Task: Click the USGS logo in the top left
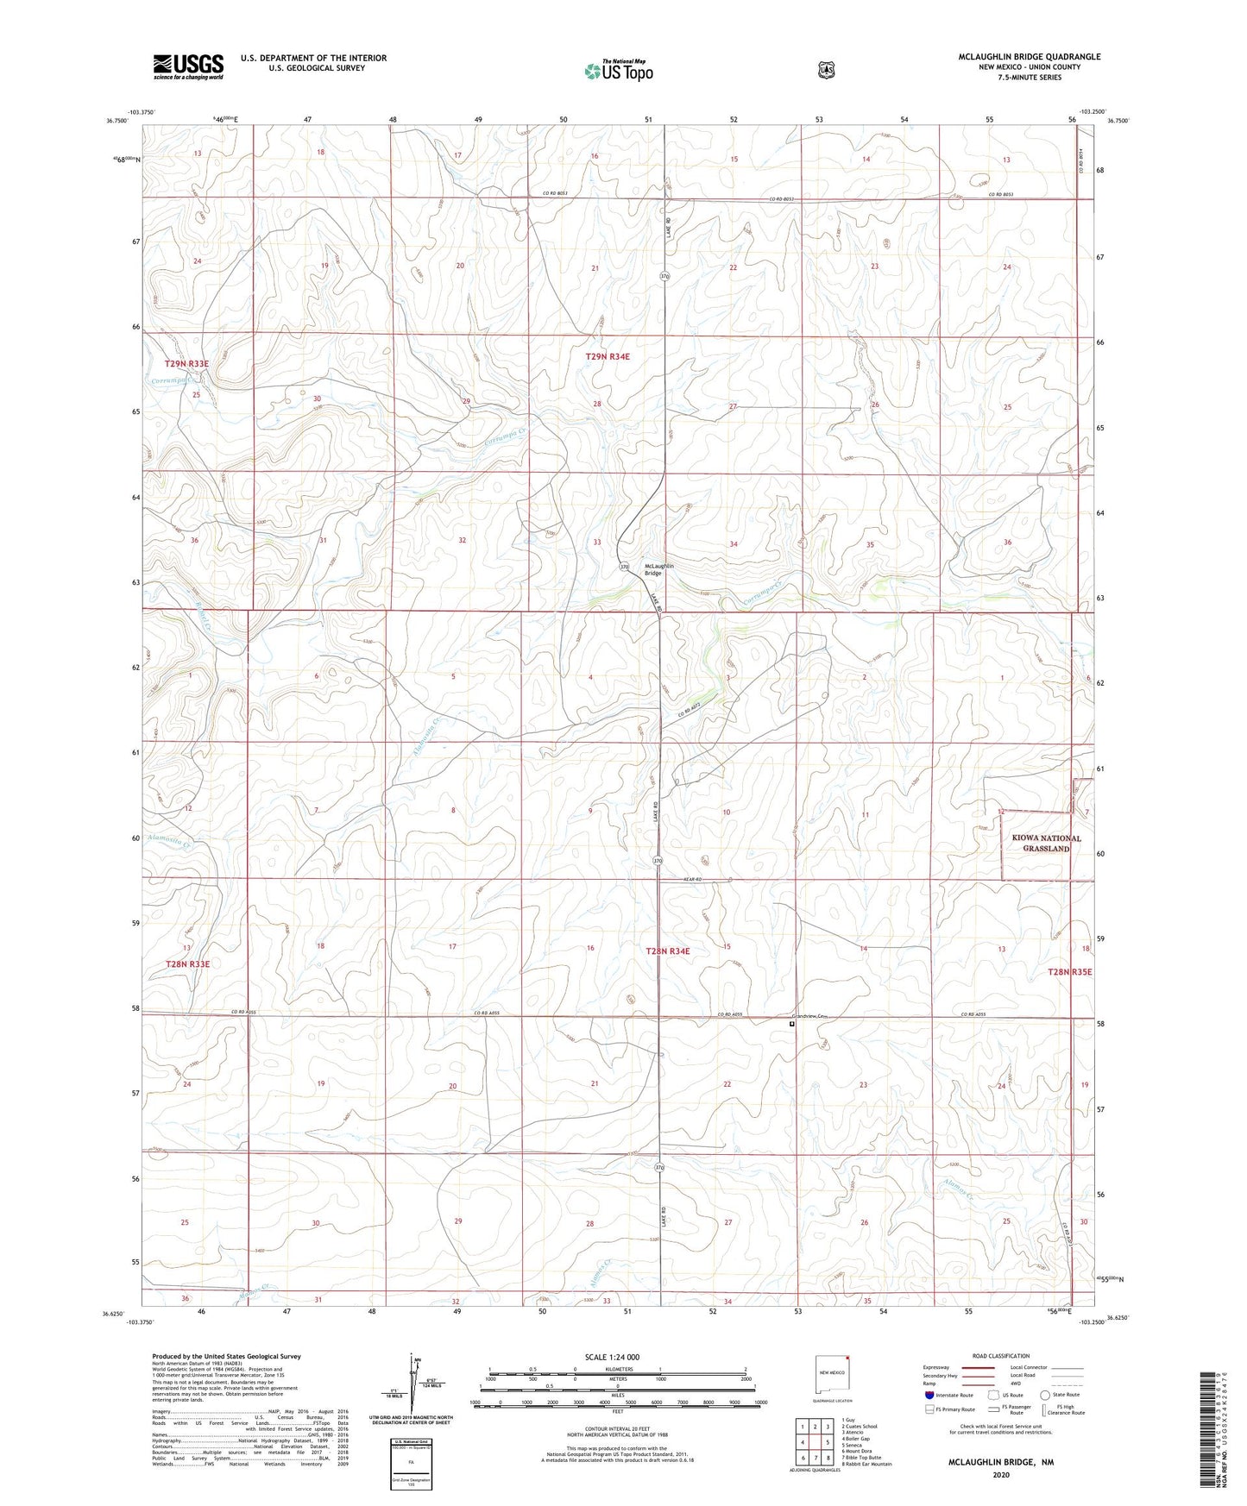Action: (188, 66)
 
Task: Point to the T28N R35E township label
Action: (1069, 972)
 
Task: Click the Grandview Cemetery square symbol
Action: (792, 1025)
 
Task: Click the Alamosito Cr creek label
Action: (172, 838)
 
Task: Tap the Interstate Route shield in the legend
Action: (929, 1395)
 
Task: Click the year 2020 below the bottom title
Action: (1000, 1475)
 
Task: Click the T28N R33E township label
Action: (187, 964)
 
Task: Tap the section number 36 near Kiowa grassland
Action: (1007, 542)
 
